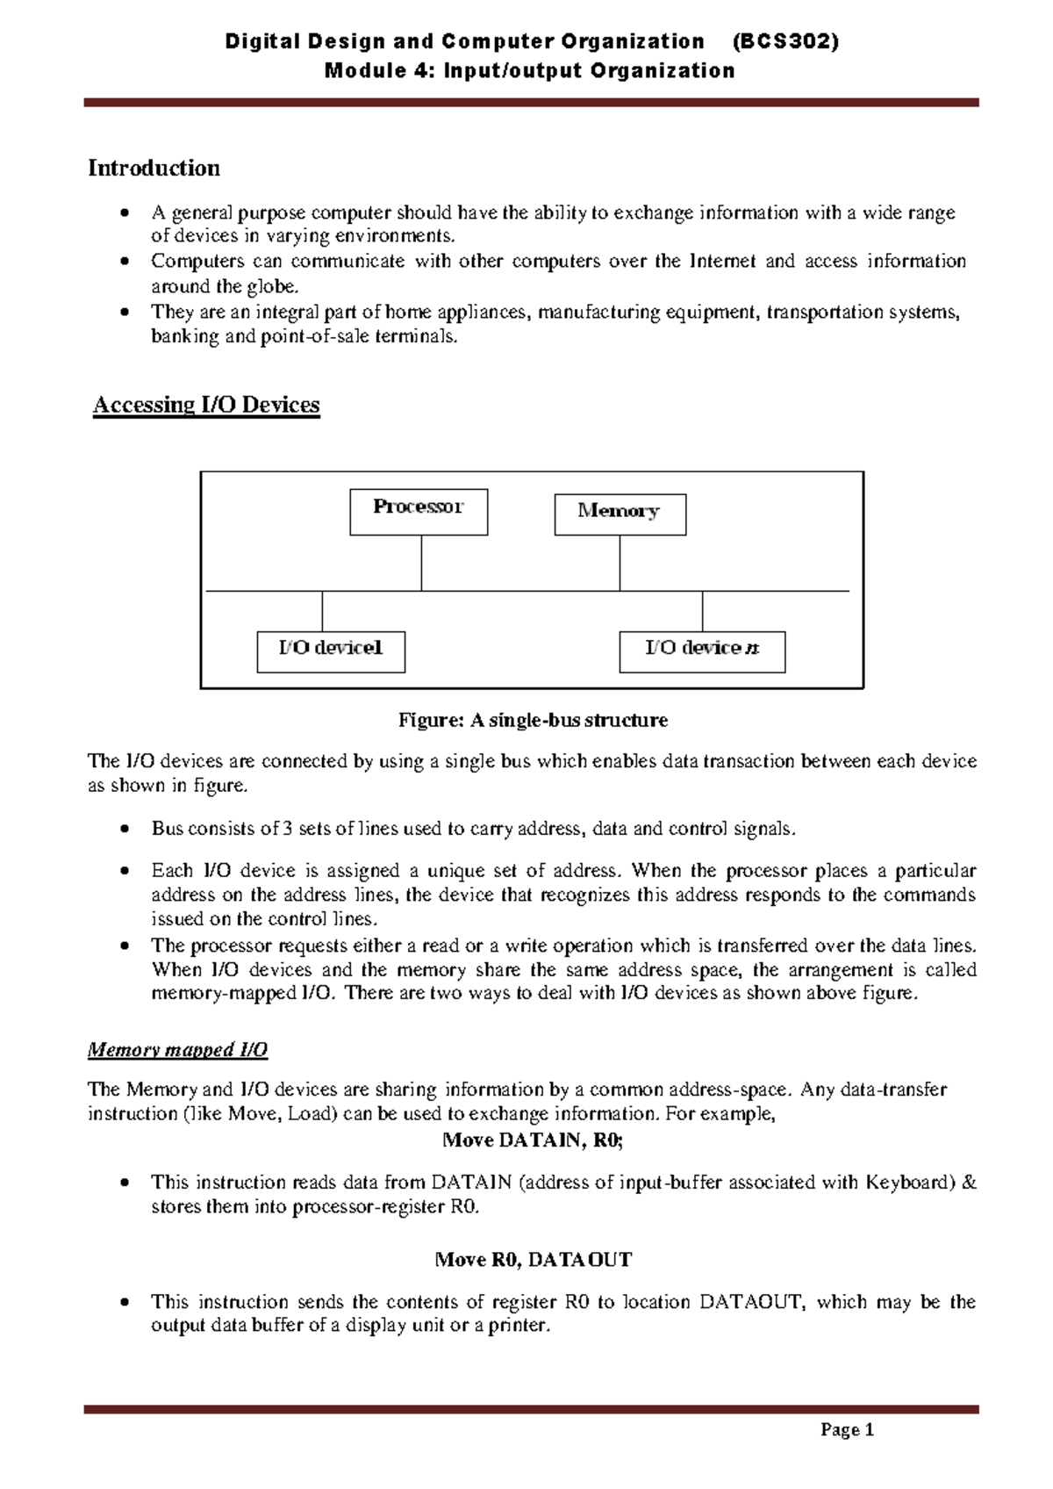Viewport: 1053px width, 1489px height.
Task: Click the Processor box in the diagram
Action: pyautogui.click(x=419, y=512)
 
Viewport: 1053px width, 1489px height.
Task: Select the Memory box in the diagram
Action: pyautogui.click(x=620, y=514)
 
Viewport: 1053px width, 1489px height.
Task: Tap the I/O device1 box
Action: pyautogui.click(x=331, y=651)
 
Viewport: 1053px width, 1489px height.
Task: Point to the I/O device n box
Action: pyautogui.click(x=702, y=651)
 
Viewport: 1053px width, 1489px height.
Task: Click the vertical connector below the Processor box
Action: pyautogui.click(x=421, y=563)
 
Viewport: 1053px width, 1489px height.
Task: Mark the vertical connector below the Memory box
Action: pyautogui.click(x=620, y=563)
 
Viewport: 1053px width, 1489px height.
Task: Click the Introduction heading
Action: pyautogui.click(x=154, y=168)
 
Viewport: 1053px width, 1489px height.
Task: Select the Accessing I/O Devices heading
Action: pyautogui.click(x=206, y=405)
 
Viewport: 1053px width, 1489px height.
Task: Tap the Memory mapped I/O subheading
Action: pyautogui.click(x=177, y=1050)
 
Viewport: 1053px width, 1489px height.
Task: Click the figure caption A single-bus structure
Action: pyautogui.click(x=533, y=721)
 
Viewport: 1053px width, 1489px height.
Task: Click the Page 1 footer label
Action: pyautogui.click(x=847, y=1430)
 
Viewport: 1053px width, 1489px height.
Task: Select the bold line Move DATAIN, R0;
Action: pyautogui.click(x=533, y=1140)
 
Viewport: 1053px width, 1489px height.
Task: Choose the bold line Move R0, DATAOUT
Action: pyautogui.click(x=533, y=1260)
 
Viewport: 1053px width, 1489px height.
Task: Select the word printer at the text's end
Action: pyautogui.click(x=518, y=1326)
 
